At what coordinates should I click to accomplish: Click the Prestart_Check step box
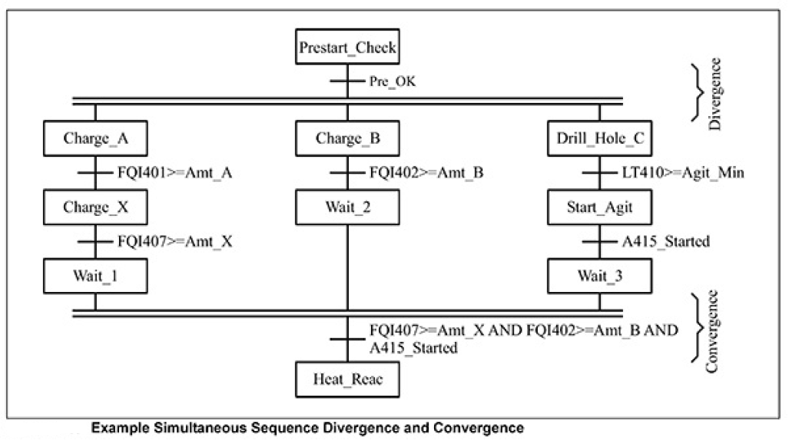[x=348, y=48]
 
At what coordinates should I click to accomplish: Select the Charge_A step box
[x=95, y=139]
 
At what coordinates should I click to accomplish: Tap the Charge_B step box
[x=348, y=139]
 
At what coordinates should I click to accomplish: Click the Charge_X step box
[x=95, y=207]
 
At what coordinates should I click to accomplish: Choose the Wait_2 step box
[x=348, y=207]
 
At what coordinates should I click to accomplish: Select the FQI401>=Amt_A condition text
[x=174, y=174]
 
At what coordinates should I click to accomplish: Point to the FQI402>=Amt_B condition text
[x=427, y=174]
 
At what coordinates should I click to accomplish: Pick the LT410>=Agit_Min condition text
[x=683, y=174]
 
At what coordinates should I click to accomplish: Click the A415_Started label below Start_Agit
[x=665, y=241]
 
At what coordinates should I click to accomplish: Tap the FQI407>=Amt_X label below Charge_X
[x=174, y=241]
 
